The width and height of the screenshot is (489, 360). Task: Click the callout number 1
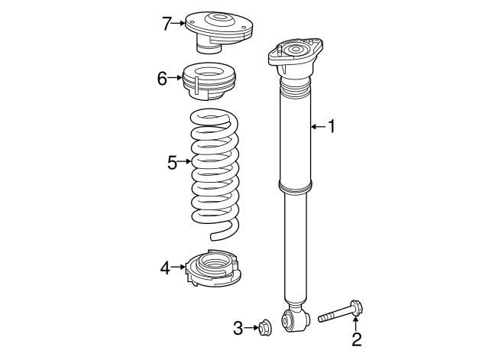332,126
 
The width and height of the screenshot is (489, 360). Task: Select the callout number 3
238,329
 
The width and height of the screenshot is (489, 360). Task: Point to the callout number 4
165,268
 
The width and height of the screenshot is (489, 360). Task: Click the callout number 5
172,162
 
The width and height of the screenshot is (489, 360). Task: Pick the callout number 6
162,78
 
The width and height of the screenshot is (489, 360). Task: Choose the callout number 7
167,24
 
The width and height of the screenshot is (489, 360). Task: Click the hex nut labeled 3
264,328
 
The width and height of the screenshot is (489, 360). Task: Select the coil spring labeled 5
215,172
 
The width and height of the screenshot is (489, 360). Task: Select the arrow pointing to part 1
317,126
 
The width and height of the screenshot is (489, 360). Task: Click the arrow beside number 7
180,24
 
